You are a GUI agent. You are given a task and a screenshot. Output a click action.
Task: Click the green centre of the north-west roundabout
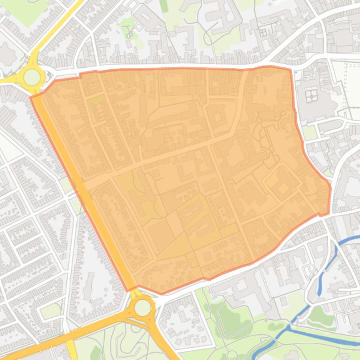(32, 77)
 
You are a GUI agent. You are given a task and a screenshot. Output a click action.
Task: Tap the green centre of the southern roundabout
(143, 308)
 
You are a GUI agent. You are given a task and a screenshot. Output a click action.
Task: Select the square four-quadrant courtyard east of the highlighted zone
(311, 96)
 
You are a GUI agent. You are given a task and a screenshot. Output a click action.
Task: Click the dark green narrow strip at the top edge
(164, 6)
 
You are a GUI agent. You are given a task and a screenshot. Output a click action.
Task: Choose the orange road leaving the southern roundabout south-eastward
(164, 341)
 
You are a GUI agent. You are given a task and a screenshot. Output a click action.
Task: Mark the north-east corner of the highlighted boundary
(291, 70)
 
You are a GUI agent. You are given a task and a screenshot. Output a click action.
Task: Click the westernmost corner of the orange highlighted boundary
(31, 97)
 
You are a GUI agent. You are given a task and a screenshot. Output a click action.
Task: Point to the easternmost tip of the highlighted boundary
(331, 187)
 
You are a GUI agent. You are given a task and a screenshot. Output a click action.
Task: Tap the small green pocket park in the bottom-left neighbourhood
(50, 310)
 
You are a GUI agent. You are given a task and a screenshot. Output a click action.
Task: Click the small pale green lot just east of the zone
(309, 132)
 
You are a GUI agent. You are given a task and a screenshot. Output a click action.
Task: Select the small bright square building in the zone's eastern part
(283, 188)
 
